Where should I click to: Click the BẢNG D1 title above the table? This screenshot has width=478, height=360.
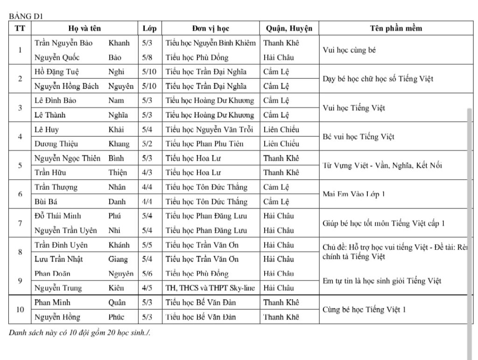tap(26, 16)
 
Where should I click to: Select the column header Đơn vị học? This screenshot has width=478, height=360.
tap(210, 28)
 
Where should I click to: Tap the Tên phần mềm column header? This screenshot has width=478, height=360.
tap(396, 28)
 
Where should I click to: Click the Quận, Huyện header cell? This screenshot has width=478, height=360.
tap(289, 28)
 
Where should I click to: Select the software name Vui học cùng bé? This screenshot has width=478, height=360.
tap(349, 50)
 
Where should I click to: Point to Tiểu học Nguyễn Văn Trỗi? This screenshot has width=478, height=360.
tap(210, 130)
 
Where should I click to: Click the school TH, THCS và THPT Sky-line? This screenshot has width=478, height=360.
tap(210, 288)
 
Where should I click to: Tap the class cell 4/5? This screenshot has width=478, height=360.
tap(147, 288)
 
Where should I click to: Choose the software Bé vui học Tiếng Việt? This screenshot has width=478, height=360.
tap(358, 137)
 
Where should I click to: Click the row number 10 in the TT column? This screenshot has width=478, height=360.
tap(20, 309)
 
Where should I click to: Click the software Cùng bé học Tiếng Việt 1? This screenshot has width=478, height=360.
tap(364, 309)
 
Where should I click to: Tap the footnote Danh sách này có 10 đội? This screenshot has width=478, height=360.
tap(79, 332)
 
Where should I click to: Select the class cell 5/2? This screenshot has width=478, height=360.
tap(147, 144)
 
